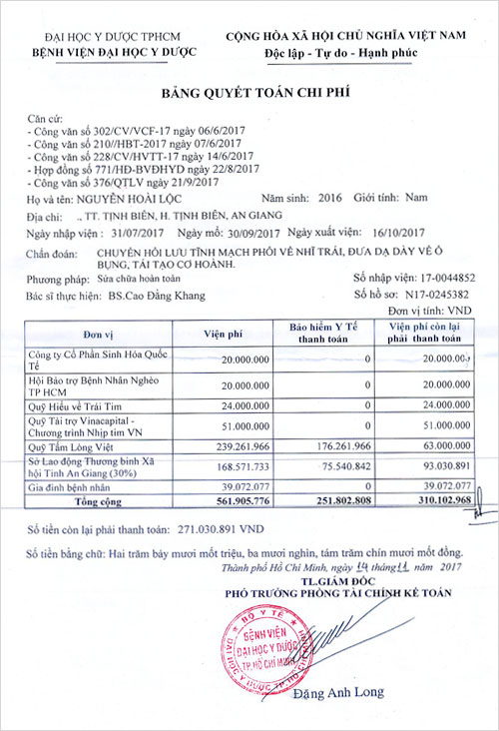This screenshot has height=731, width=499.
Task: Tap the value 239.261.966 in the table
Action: (234, 447)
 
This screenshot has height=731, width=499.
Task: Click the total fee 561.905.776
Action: (232, 500)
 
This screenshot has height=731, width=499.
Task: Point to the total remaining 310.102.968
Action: (437, 500)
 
